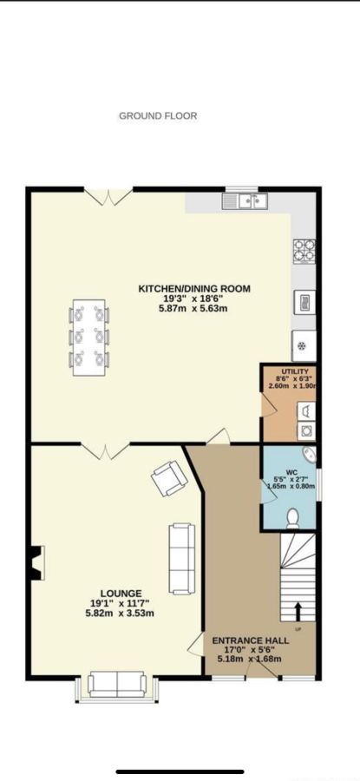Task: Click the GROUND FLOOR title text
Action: click(x=158, y=116)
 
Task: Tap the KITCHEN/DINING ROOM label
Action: click(x=194, y=288)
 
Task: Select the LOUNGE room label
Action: click(x=121, y=594)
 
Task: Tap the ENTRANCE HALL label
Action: click(x=251, y=640)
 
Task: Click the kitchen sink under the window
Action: click(x=245, y=200)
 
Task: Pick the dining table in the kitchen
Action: click(x=89, y=338)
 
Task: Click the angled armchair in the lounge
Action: click(x=170, y=478)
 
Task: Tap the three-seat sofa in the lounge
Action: click(x=182, y=558)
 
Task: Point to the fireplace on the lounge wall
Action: click(x=36, y=562)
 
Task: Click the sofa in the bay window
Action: click(x=117, y=685)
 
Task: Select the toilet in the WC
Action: click(x=292, y=517)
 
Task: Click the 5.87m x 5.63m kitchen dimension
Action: click(x=194, y=308)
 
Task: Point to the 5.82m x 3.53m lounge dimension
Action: click(x=120, y=614)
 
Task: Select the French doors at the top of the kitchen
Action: click(x=108, y=196)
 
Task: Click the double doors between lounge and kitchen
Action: click(x=105, y=450)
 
